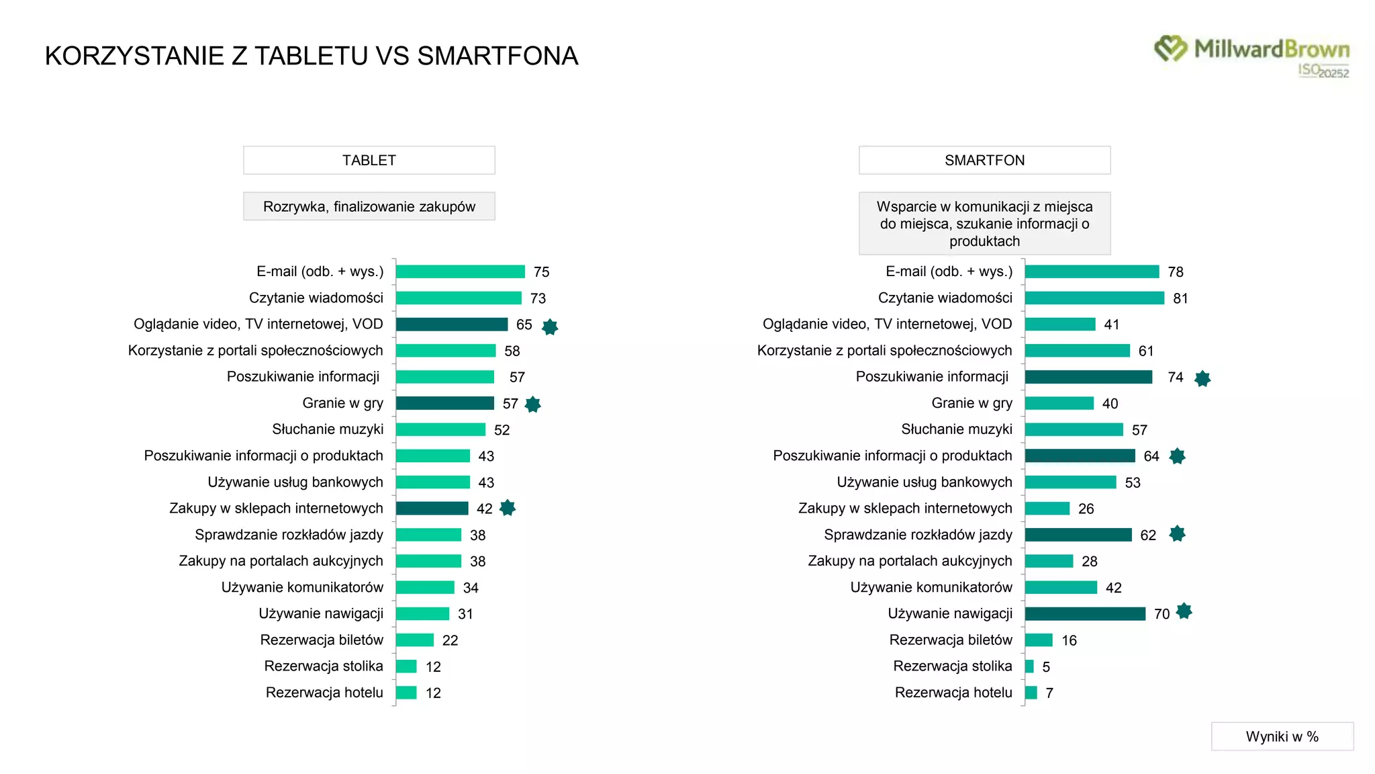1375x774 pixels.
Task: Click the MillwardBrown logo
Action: point(1252,55)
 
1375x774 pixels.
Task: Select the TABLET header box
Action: point(369,160)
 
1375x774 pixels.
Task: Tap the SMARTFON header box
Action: point(984,160)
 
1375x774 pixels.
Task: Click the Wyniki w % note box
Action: point(1282,736)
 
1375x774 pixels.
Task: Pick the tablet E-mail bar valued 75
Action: point(460,271)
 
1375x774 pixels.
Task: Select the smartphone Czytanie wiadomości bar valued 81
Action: point(1094,298)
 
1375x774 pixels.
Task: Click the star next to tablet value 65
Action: point(550,327)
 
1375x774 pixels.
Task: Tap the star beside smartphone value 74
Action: point(1202,378)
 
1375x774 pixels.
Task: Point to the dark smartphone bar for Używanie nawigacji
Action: point(1085,613)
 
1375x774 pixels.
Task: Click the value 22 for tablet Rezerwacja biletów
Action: point(450,640)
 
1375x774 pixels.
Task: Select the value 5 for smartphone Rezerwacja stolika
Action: point(1046,667)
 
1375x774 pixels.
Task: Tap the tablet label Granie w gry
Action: point(342,403)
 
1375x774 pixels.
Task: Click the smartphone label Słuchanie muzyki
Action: point(956,429)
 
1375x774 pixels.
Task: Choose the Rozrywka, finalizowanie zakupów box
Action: point(369,206)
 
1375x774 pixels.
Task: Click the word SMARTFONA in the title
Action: point(497,56)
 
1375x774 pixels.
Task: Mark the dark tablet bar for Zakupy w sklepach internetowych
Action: point(432,509)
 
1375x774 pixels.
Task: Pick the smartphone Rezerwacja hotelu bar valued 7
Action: point(1031,693)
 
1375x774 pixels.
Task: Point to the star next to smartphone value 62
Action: point(1177,534)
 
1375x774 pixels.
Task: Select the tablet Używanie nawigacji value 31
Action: point(465,614)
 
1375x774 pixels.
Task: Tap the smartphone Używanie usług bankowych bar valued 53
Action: point(1070,482)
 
